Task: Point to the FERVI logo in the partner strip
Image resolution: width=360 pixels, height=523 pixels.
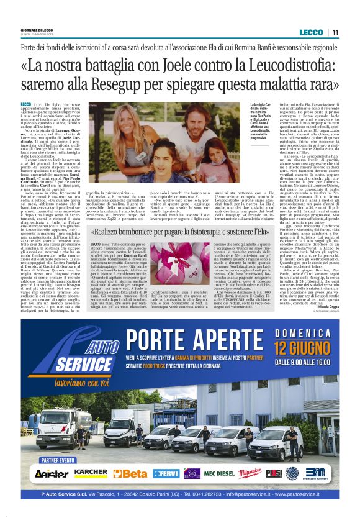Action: click(165, 473)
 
